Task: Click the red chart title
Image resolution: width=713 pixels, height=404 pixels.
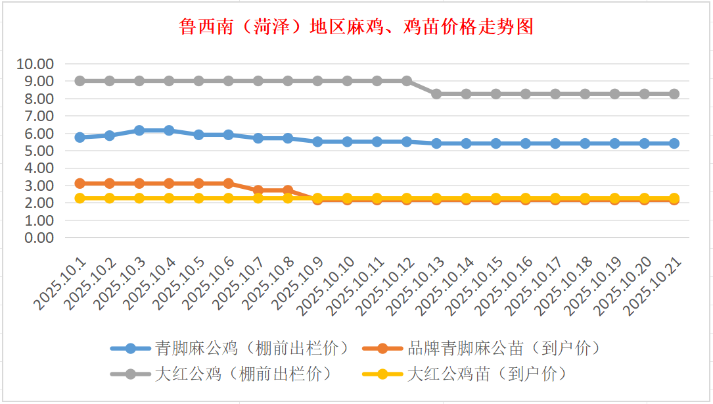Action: (x=356, y=27)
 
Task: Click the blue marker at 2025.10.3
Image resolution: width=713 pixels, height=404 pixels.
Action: (x=139, y=130)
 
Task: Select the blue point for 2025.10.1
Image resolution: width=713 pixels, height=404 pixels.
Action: (x=80, y=138)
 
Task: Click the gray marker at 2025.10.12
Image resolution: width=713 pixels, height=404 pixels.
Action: (x=407, y=81)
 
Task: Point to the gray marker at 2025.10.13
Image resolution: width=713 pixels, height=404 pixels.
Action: (x=436, y=94)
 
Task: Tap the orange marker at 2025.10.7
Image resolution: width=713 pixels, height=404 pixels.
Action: (x=258, y=190)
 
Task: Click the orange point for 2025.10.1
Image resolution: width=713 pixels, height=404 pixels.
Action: (x=80, y=184)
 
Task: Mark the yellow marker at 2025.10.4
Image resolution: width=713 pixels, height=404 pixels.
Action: (x=169, y=198)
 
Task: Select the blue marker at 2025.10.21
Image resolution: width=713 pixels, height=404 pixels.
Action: (x=674, y=143)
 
